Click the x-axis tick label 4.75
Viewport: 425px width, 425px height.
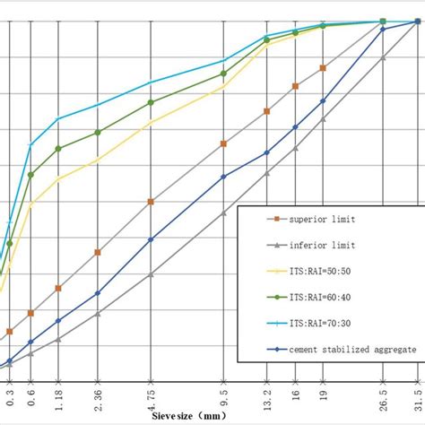151,396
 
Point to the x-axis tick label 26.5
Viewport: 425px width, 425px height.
383,396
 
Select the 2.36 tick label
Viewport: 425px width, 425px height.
98,396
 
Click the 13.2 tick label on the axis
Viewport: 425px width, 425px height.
266,396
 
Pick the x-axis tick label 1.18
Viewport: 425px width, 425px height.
58,396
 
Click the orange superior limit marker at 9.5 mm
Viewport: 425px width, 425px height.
223,143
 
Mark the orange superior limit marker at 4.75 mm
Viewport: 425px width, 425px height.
151,203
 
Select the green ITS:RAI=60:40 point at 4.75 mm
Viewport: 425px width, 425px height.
151,102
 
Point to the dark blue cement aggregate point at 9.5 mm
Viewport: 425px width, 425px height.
223,177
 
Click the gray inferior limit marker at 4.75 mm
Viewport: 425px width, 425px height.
151,274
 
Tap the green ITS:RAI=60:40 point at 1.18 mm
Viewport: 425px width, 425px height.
58,149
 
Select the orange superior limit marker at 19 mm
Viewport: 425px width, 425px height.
323,67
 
